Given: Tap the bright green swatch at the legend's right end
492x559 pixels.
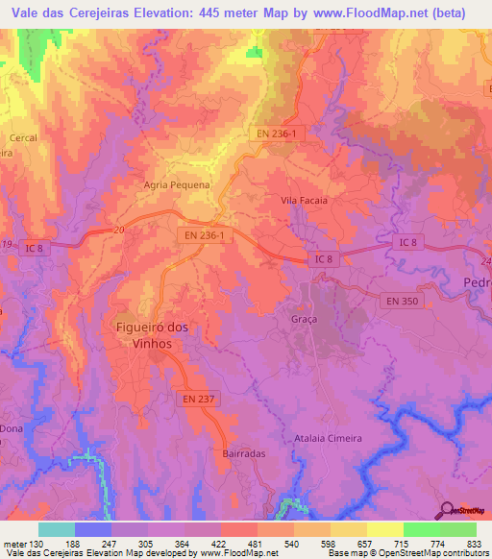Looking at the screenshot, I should (457, 529).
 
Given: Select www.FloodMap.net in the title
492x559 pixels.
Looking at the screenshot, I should (375, 13).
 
